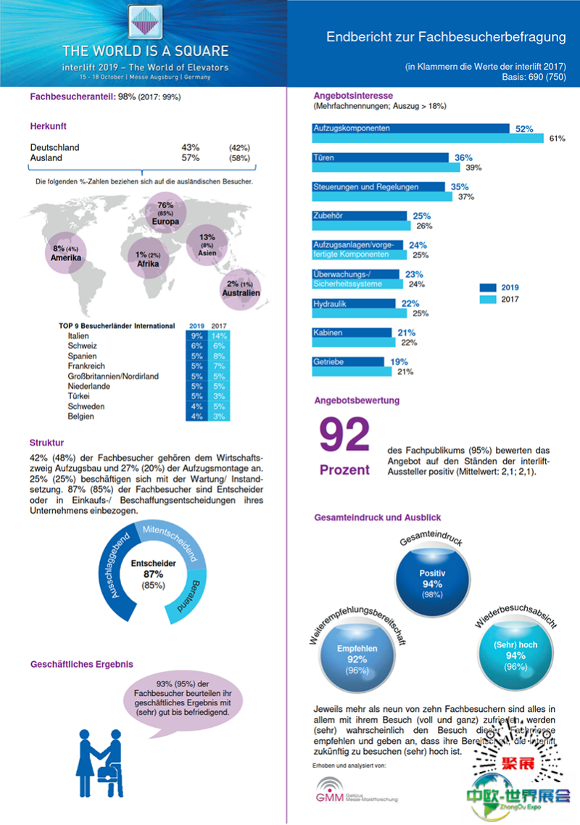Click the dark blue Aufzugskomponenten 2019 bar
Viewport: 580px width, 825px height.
[x=410, y=128]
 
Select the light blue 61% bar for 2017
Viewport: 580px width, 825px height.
[x=428, y=138]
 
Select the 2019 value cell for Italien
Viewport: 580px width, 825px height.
[x=196, y=336]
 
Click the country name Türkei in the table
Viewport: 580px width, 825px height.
[x=79, y=396]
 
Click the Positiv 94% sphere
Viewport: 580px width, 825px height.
[x=432, y=578]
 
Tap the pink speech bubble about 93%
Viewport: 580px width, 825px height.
[x=183, y=698]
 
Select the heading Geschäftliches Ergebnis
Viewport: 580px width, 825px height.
[x=82, y=664]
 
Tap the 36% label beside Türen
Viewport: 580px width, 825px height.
[x=463, y=157]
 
